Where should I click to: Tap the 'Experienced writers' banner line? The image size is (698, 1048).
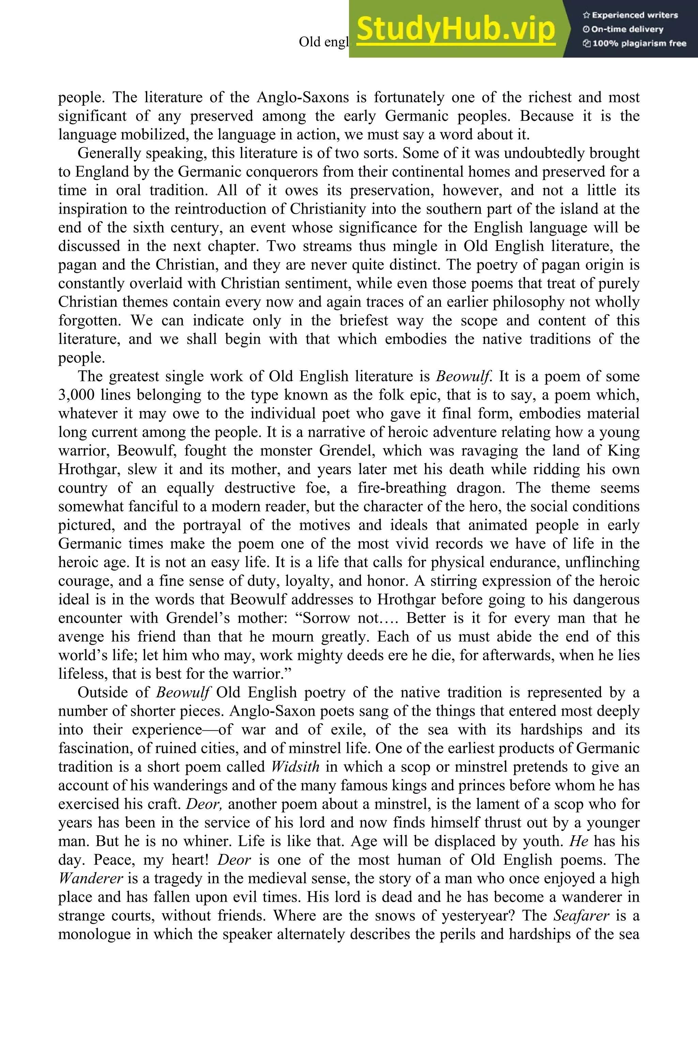[x=630, y=15]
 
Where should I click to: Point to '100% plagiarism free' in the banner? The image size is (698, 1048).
[x=634, y=44]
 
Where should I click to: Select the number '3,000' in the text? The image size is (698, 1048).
[x=76, y=395]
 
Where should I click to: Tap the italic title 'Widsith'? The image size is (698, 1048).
[x=295, y=767]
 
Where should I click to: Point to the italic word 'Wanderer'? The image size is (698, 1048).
[x=90, y=878]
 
